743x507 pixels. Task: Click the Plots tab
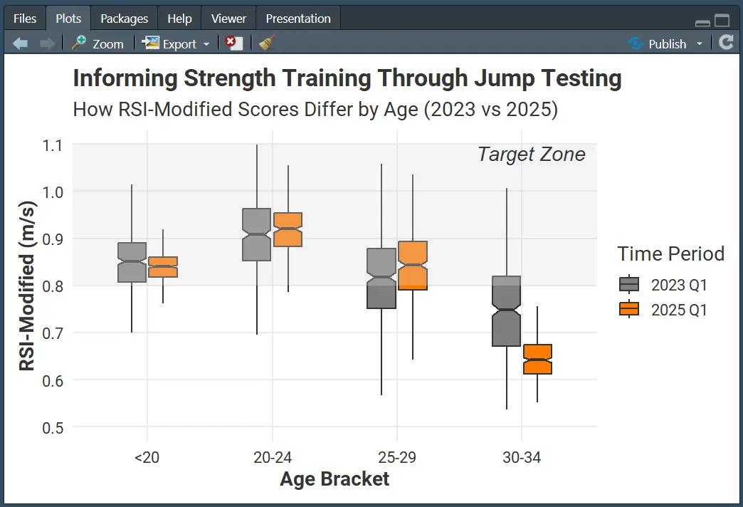(x=68, y=19)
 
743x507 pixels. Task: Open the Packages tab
(x=124, y=19)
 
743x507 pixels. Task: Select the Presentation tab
(x=298, y=19)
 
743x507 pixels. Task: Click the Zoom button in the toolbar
(x=98, y=43)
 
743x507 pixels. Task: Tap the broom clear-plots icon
(x=267, y=43)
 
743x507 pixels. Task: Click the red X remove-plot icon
(x=233, y=43)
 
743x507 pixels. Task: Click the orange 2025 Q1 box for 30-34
(x=537, y=360)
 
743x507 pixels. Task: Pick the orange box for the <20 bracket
(x=163, y=267)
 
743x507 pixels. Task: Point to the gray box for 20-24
(x=256, y=235)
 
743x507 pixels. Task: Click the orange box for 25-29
(x=413, y=266)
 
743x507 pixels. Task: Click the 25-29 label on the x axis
(x=396, y=457)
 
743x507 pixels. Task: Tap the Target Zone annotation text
(x=531, y=155)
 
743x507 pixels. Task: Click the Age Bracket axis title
(x=334, y=479)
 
